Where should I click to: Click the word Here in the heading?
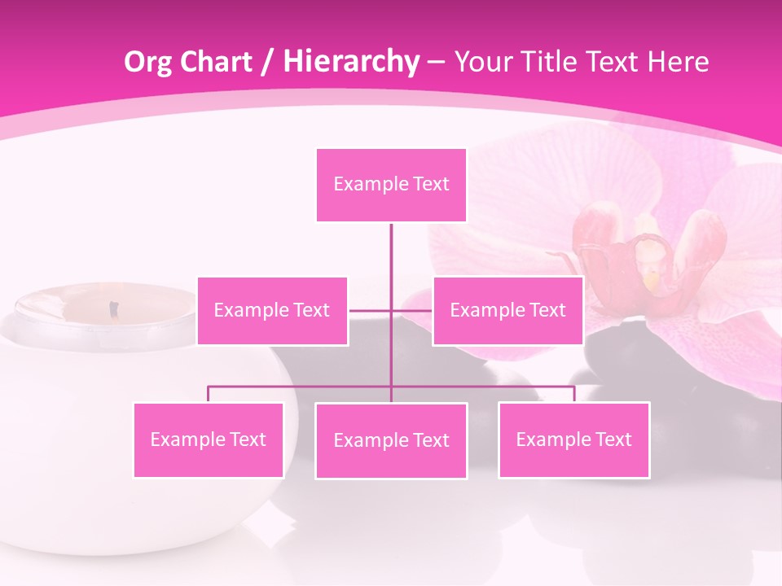tap(678, 62)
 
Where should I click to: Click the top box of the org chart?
tap(391, 185)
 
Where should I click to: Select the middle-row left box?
tap(272, 310)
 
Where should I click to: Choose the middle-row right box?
tap(507, 310)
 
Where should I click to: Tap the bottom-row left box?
tap(209, 439)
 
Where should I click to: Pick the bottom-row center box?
tap(391, 440)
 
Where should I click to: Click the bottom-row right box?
tap(573, 439)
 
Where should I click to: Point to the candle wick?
tap(114, 308)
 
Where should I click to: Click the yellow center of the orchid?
tap(652, 279)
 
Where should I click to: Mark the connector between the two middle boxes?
tap(391, 310)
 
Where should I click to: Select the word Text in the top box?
tap(431, 185)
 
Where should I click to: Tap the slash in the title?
tap(266, 63)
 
